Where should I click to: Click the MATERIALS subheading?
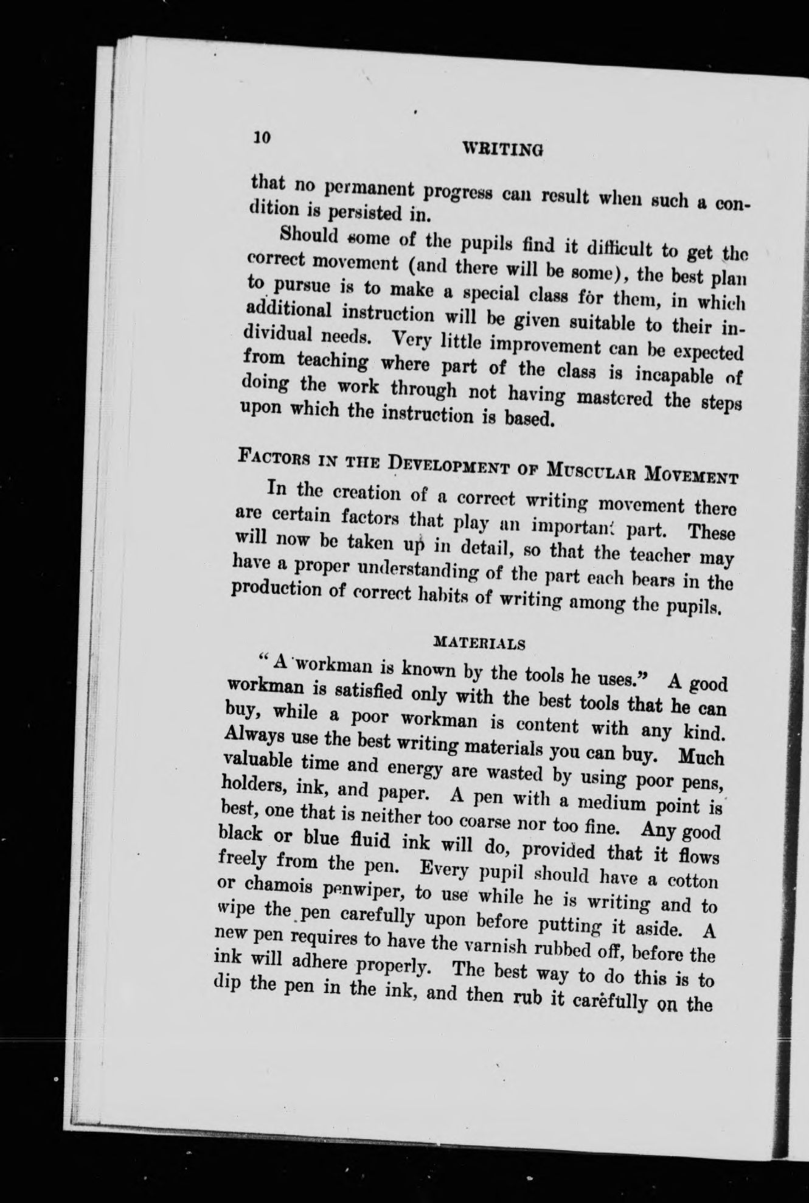(x=479, y=643)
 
